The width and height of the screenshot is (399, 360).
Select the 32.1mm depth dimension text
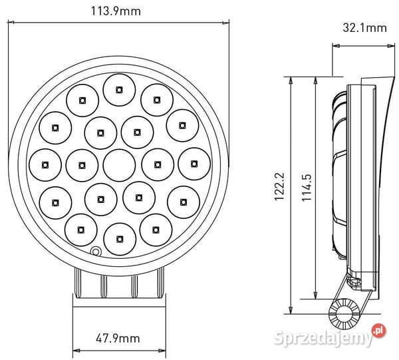coord(364,28)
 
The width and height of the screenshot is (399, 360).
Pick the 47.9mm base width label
coord(118,339)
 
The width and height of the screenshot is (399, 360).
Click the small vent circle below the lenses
coord(96,252)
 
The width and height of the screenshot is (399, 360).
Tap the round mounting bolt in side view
coord(346,311)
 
